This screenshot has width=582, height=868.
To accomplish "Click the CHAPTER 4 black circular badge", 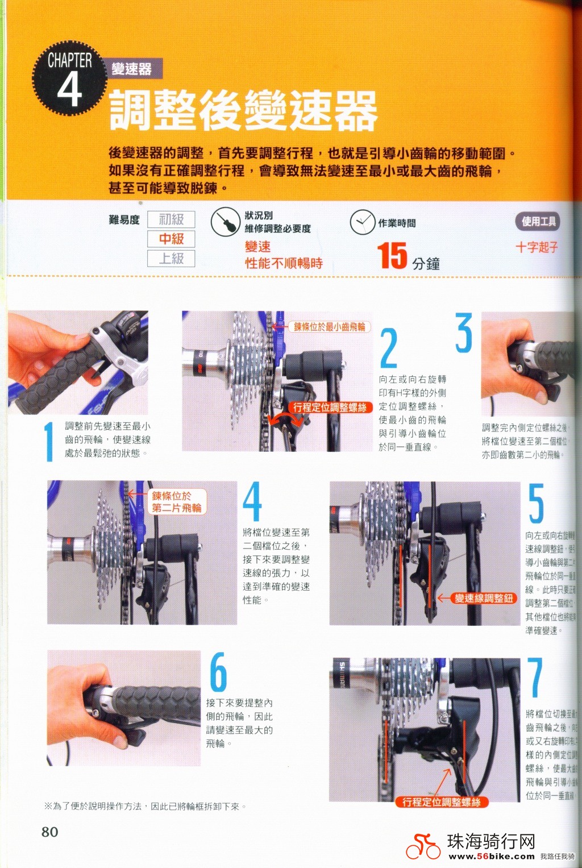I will tap(69, 78).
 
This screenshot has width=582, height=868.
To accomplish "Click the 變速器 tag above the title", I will tap(132, 69).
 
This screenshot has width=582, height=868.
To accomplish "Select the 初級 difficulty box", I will tap(171, 219).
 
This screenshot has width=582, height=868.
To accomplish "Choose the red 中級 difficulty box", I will tap(171, 239).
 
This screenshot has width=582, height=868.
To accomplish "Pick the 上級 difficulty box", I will tap(171, 259).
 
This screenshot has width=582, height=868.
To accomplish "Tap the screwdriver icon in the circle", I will tap(225, 222).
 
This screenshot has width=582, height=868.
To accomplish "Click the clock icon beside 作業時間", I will tap(362, 222).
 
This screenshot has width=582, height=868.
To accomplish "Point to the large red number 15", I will tap(392, 256).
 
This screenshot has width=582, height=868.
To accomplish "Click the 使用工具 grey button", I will tap(538, 222).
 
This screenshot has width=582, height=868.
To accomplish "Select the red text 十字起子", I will tap(537, 247).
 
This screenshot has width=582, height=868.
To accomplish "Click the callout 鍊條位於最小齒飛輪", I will tap(329, 327).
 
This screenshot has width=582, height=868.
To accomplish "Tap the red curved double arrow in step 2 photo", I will tap(285, 420).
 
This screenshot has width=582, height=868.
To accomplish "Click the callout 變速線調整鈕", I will tap(484, 598).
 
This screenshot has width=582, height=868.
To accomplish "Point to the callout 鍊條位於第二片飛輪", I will tap(176, 502).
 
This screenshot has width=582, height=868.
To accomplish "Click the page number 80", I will tap(50, 832).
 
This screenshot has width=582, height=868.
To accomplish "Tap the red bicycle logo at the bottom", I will tap(423, 846).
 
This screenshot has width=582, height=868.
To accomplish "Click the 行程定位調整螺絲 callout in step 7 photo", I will tap(442, 802).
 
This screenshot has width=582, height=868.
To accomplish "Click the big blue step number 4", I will tap(252, 501).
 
